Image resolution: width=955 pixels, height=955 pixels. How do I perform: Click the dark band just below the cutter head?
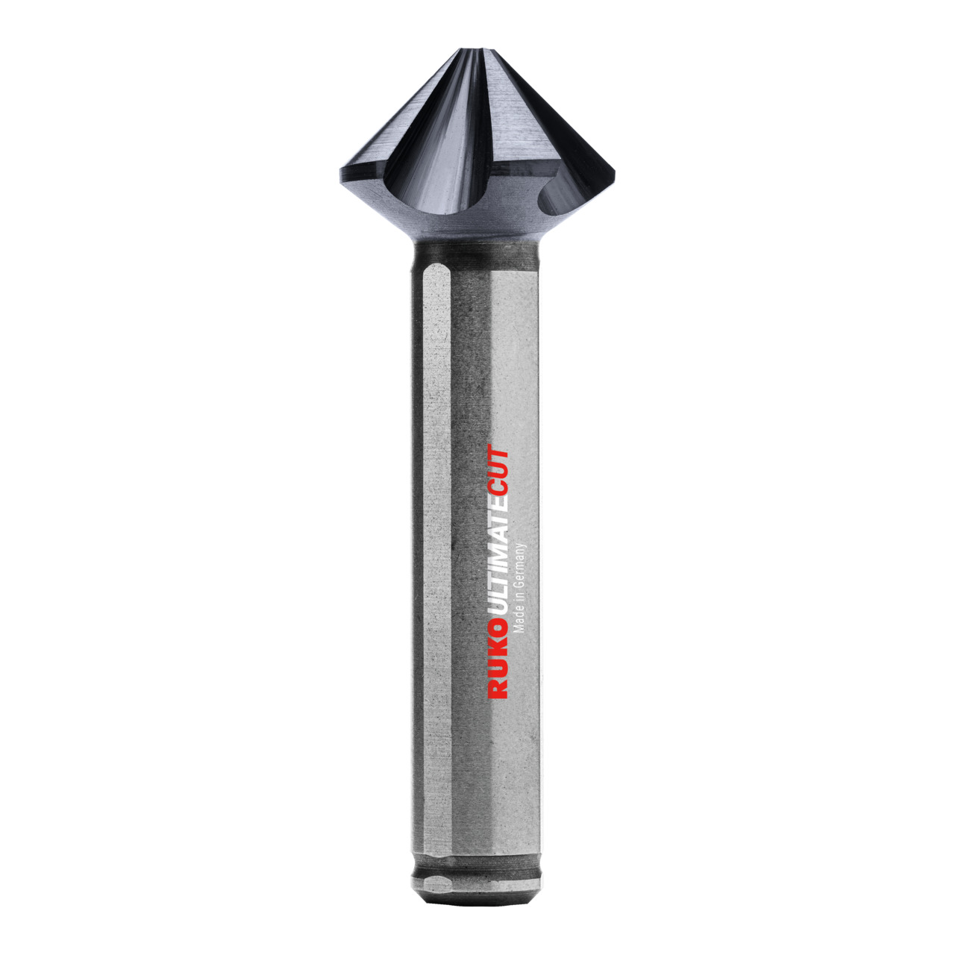click(x=475, y=257)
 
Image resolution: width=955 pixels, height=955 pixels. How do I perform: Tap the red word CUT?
click(x=498, y=471)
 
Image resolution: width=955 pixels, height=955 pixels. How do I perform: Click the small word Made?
click(x=521, y=620)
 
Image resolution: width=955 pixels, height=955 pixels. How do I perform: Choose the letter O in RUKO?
click(x=498, y=644)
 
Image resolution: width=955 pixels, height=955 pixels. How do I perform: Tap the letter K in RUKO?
click(x=498, y=659)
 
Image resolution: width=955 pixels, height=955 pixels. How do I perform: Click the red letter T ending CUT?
click(x=498, y=454)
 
